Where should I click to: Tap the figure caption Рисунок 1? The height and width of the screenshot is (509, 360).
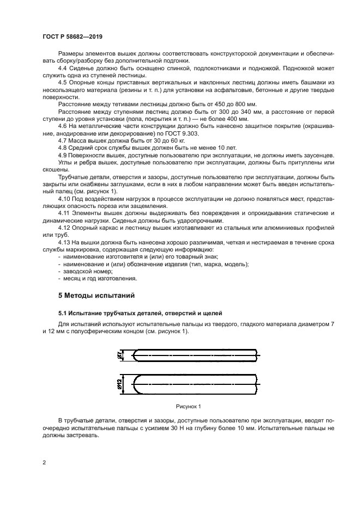[x=188, y=406]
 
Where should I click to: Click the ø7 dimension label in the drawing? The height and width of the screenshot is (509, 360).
[x=119, y=355]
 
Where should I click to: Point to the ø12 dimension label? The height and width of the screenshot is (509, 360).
[x=119, y=384]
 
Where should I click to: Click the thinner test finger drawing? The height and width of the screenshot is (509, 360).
[x=196, y=355]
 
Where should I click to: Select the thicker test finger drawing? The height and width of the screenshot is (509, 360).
[x=196, y=384]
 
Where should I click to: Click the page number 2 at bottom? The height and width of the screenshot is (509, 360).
[x=44, y=463]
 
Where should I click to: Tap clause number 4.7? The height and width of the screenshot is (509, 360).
[x=63, y=140]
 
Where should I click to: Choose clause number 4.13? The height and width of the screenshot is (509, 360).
[x=64, y=241]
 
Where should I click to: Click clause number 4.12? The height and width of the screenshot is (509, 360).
[x=64, y=228]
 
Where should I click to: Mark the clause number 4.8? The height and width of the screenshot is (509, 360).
[x=63, y=148]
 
